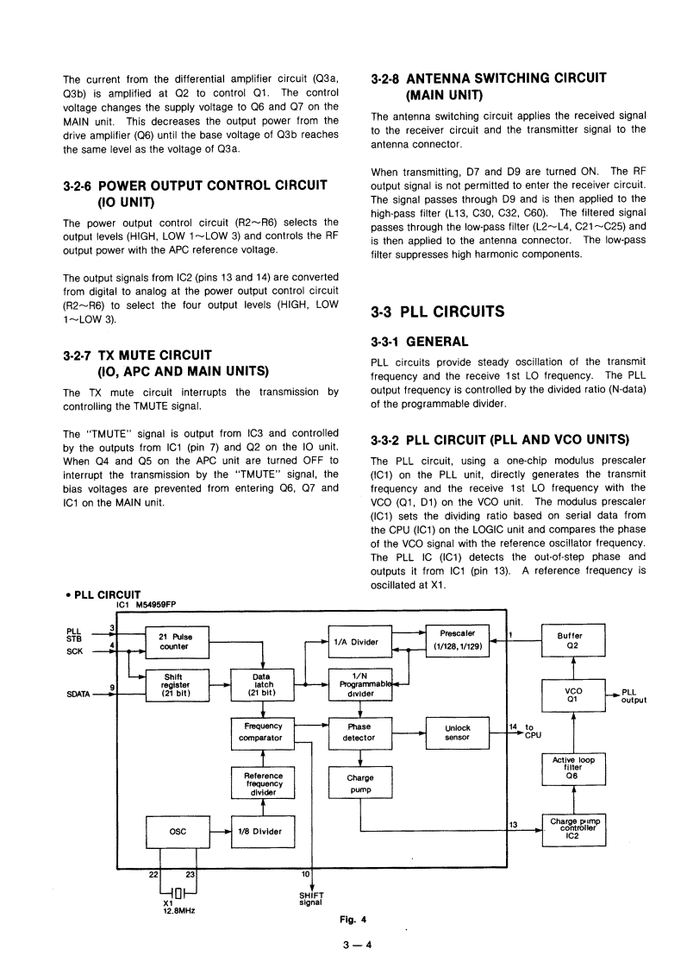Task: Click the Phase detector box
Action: (x=359, y=732)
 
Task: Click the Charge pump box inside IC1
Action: (x=359, y=783)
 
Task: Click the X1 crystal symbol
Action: (x=178, y=892)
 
